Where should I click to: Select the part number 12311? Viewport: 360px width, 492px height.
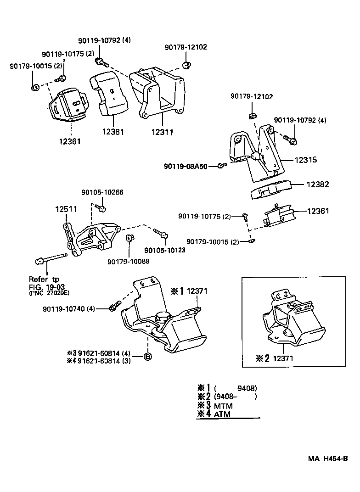click(x=162, y=132)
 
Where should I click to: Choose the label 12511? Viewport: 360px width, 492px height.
click(x=66, y=209)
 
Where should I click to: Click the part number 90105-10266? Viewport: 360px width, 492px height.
click(x=102, y=193)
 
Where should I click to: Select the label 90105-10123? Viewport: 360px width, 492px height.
click(x=165, y=250)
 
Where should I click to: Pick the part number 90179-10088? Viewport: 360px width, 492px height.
click(x=129, y=262)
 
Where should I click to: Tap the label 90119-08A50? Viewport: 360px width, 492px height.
click(x=189, y=166)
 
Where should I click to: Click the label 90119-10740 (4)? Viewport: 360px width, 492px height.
click(x=68, y=309)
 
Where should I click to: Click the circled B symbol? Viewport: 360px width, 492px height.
click(x=147, y=356)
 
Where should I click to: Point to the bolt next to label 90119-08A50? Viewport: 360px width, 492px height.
click(x=220, y=165)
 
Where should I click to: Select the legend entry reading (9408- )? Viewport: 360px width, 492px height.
click(x=227, y=397)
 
